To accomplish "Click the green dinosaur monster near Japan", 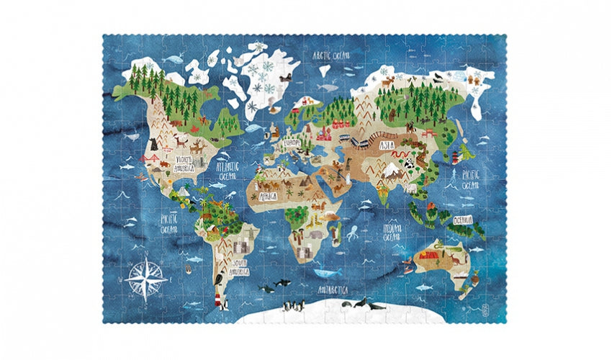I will [468, 153].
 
